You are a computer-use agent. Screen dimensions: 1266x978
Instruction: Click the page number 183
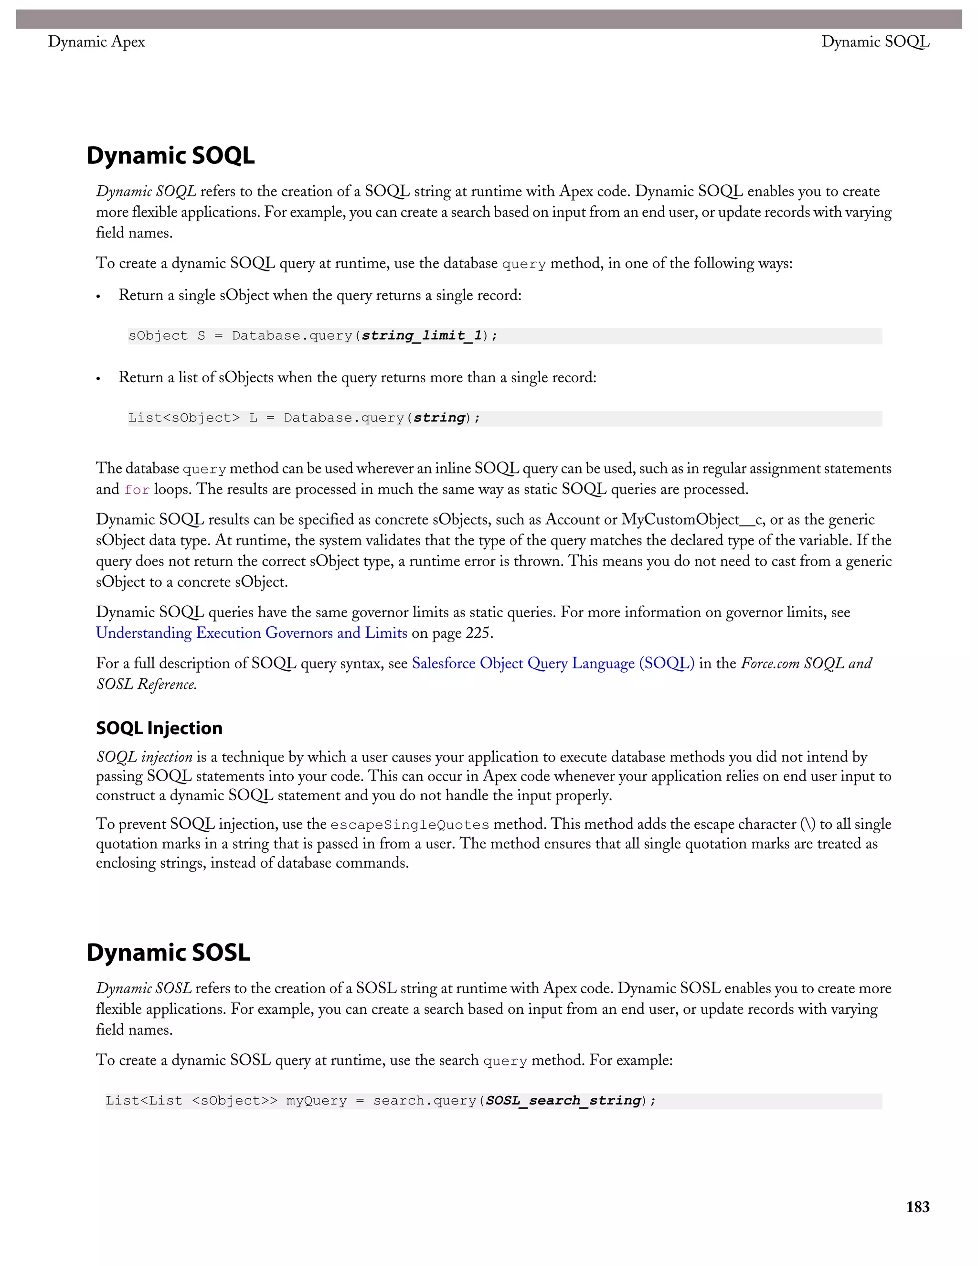[x=917, y=1207]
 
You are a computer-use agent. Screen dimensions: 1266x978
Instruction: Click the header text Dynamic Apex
[x=96, y=42]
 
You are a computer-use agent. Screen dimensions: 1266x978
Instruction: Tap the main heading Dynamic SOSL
[x=168, y=953]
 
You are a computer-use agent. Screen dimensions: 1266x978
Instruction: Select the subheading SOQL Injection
[x=159, y=728]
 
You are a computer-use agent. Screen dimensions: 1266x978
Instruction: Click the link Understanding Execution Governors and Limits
[x=252, y=633]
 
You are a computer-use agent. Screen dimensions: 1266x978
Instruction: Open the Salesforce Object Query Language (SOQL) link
[x=553, y=663]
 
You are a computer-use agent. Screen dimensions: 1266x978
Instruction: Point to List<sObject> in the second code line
[x=184, y=418]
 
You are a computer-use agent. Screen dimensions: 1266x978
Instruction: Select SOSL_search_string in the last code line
[x=563, y=1101]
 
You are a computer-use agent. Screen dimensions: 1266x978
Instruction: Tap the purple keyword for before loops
[x=137, y=490]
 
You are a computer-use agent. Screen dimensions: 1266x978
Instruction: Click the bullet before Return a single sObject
[x=98, y=297]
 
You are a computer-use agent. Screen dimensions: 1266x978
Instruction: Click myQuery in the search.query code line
[x=316, y=1101]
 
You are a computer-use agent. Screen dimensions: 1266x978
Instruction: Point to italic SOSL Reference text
[x=147, y=685]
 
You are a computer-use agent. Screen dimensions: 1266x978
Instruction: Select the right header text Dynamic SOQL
[x=875, y=42]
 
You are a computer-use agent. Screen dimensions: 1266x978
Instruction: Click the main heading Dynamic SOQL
[x=170, y=155]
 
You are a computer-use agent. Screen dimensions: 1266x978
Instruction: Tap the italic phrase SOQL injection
[x=144, y=757]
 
